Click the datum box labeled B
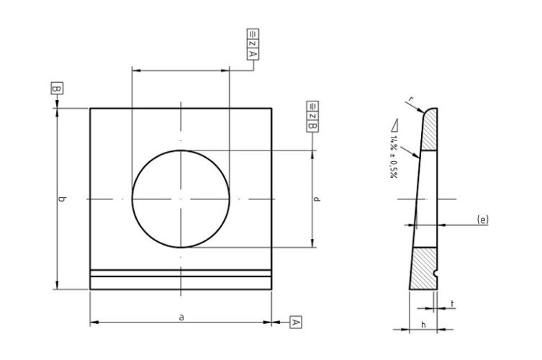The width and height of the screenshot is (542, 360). (x=56, y=89)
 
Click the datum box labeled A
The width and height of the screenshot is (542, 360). (x=295, y=322)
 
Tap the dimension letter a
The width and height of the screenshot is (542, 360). (x=181, y=315)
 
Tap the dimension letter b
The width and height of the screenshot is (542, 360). (x=63, y=199)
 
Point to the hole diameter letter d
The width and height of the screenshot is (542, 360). (x=317, y=199)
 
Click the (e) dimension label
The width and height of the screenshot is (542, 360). (x=482, y=218)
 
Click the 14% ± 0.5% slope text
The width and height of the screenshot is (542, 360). (x=394, y=155)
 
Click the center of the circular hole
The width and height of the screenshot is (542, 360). (x=181, y=199)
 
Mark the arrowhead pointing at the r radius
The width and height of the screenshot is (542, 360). (x=420, y=110)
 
